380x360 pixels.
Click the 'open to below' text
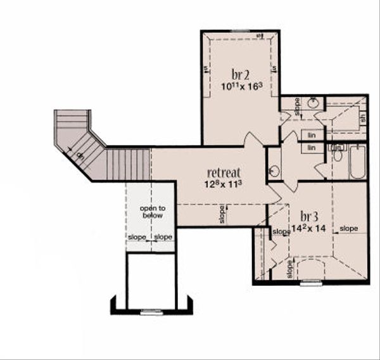coord(152,212)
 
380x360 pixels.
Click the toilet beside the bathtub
coord(338,155)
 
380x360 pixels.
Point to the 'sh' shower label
coord(363,117)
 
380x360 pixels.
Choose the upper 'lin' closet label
coord(312,135)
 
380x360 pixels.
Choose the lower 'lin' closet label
coord(312,148)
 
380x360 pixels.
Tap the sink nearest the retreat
coord(274,170)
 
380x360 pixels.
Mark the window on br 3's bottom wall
coord(310,283)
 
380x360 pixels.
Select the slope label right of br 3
coord(349,228)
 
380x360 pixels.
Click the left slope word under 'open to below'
coord(137,237)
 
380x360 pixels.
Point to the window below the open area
coord(151,311)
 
